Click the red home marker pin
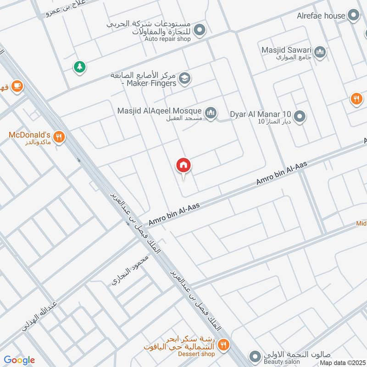[183, 165]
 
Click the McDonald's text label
[29, 135]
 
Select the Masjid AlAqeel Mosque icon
[211, 112]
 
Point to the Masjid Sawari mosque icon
[321, 52]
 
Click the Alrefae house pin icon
[353, 16]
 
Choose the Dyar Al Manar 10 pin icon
[300, 117]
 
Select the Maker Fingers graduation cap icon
[184, 78]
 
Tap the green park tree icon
[80, 67]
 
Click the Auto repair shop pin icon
[200, 31]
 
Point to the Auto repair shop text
[167, 39]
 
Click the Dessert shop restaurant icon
[223, 345]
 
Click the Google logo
[19, 360]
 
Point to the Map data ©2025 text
[342, 363]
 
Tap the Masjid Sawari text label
[286, 50]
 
